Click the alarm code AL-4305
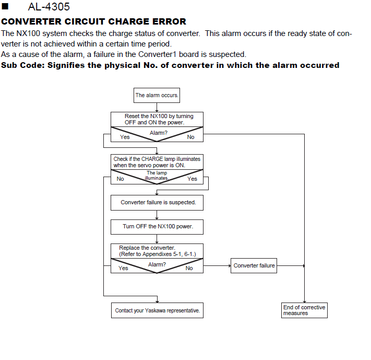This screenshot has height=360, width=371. (x=49, y=7)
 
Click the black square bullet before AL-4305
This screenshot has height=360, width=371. (x=5, y=6)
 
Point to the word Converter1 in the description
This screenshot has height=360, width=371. (x=158, y=54)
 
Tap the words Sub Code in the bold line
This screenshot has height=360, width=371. (x=23, y=65)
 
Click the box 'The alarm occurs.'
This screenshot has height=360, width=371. (x=157, y=95)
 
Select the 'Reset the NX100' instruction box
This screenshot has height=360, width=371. (x=157, y=119)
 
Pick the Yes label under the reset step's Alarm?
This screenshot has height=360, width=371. (x=125, y=137)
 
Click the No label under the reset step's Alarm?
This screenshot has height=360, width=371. (x=190, y=137)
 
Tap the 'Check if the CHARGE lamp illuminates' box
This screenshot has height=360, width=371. (x=157, y=162)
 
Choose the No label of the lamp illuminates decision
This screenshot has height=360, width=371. (x=120, y=179)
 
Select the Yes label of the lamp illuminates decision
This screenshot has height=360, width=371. (x=192, y=179)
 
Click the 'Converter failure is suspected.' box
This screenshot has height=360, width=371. (x=157, y=203)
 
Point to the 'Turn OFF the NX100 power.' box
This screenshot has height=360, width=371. (x=157, y=227)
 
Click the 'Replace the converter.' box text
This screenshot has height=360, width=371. (x=158, y=251)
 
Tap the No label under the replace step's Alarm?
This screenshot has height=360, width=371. (x=189, y=268)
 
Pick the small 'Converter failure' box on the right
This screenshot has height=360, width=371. (x=254, y=265)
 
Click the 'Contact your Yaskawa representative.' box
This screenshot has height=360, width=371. (x=158, y=310)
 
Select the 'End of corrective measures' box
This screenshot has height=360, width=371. (x=304, y=310)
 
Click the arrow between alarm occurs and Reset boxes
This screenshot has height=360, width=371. (x=157, y=107)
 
